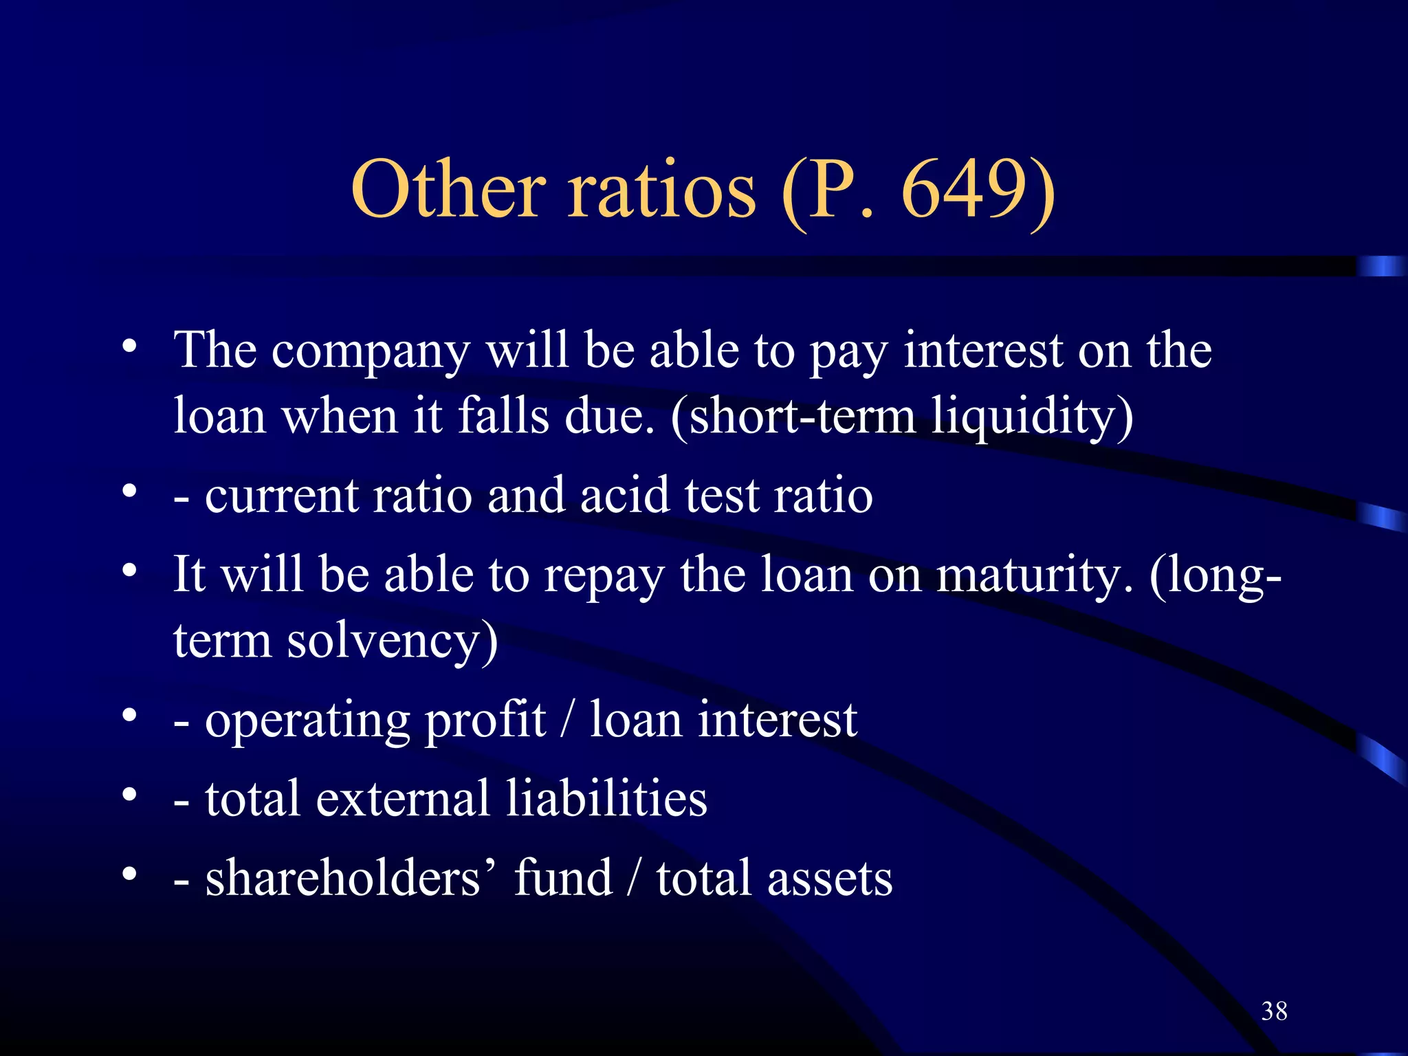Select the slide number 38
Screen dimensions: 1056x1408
tap(1274, 1011)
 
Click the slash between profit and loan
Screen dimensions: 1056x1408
tap(568, 720)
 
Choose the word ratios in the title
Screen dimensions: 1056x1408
tap(661, 190)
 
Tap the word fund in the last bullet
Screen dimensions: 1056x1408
tap(563, 878)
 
